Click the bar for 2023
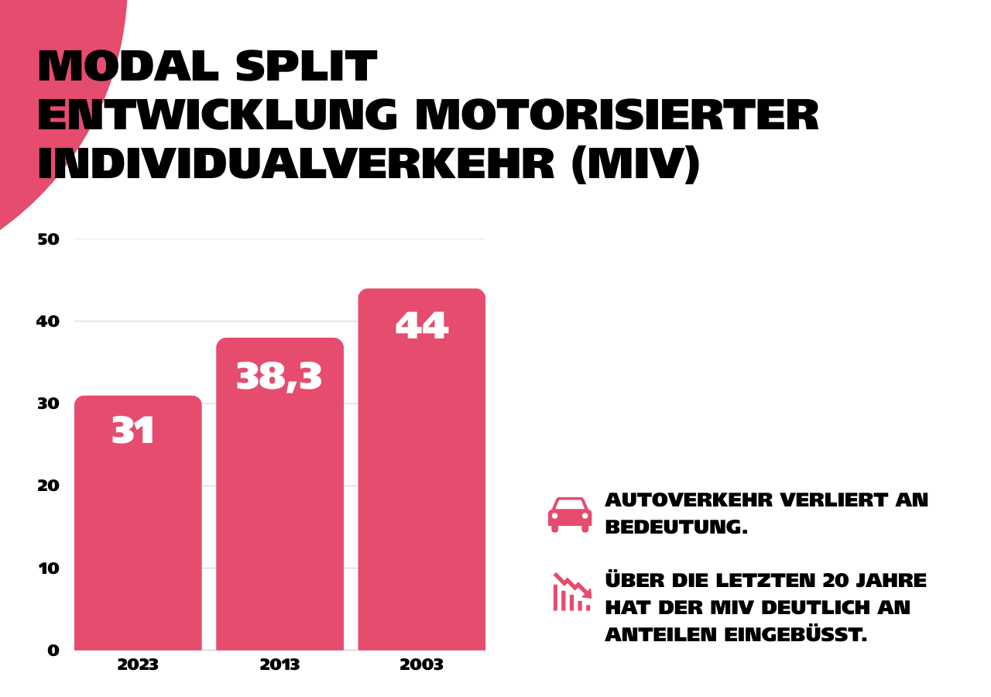point(138,534)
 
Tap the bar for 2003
point(421,480)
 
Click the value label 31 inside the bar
point(134,431)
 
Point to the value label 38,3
point(279,377)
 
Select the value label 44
point(421,326)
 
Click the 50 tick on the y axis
point(48,239)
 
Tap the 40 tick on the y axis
point(48,321)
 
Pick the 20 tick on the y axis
point(48,486)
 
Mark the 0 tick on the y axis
point(53,651)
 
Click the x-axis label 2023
point(138,665)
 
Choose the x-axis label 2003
point(421,665)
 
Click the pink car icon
point(570,515)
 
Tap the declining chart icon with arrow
point(572,592)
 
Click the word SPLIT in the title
point(305,67)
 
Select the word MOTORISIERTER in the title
point(616,116)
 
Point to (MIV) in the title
point(635,164)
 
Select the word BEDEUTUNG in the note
point(676,527)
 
